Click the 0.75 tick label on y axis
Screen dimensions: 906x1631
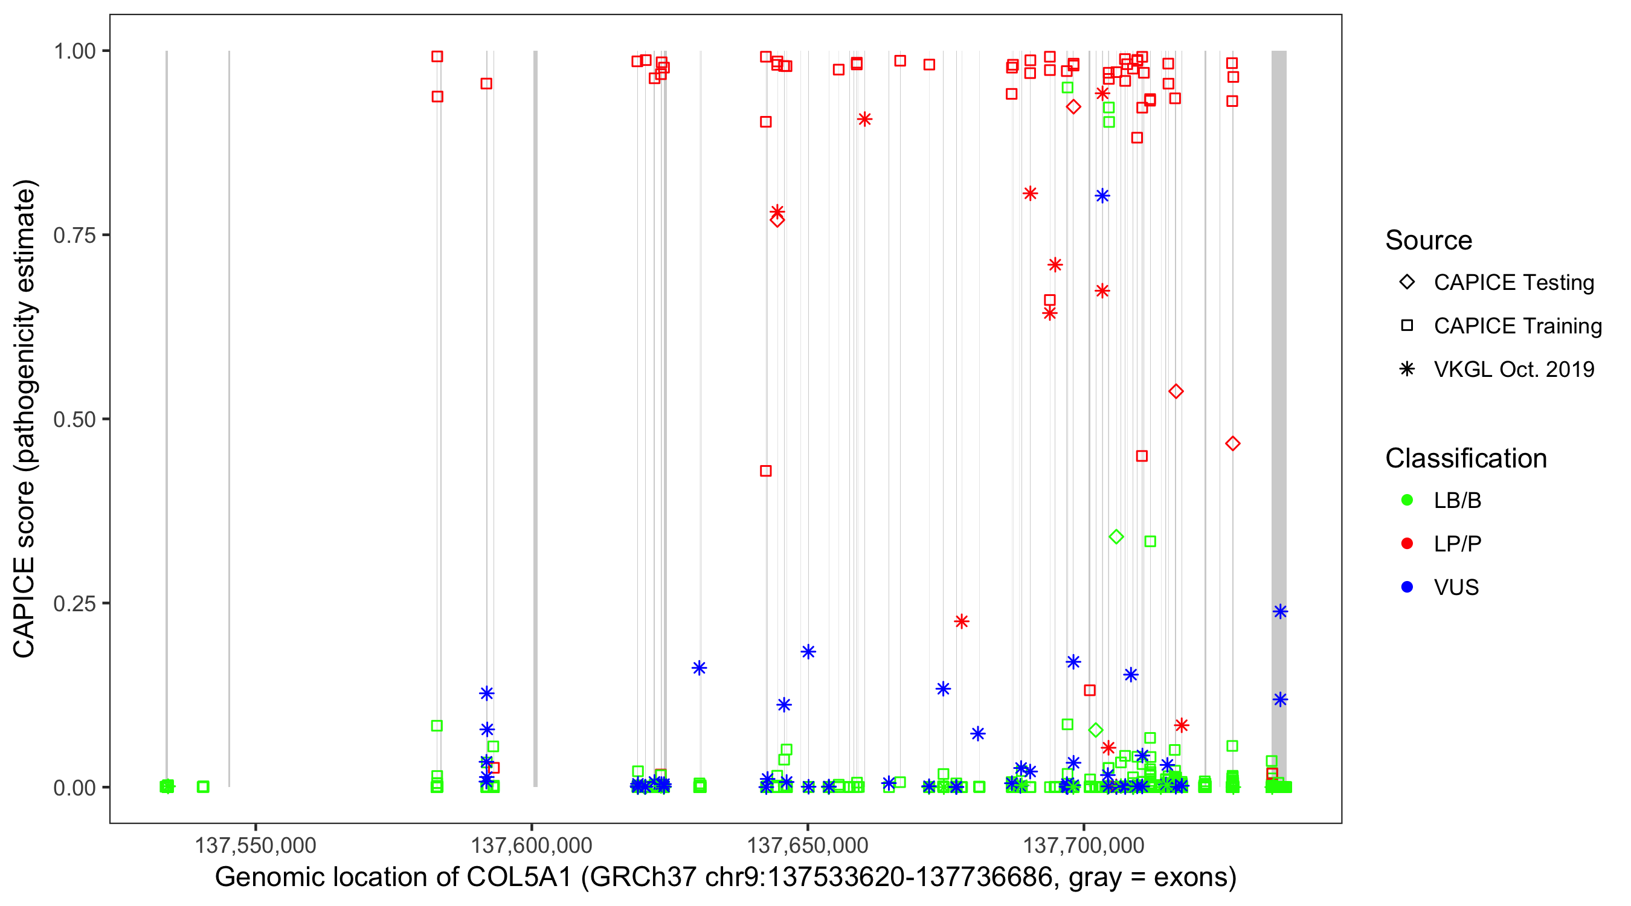tap(74, 236)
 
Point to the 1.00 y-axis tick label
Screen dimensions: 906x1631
tap(74, 51)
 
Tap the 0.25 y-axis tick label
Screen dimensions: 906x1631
tap(74, 604)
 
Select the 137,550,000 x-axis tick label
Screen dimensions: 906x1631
tap(255, 845)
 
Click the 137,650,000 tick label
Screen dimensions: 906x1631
tap(807, 845)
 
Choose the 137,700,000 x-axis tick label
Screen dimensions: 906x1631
tap(1083, 845)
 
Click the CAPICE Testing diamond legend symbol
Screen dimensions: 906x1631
tap(1407, 283)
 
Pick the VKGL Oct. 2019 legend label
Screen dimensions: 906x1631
tap(1514, 370)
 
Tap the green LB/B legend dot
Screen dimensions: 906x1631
tap(1407, 501)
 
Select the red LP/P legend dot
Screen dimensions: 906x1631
tap(1407, 544)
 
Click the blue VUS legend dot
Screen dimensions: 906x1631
tap(1407, 588)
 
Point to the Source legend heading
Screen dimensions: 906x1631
tap(1429, 240)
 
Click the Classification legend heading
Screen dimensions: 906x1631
tap(1465, 458)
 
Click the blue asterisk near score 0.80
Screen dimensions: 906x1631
tap(1102, 196)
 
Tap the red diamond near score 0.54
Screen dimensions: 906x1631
tap(1176, 392)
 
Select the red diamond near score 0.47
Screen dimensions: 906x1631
tap(1232, 444)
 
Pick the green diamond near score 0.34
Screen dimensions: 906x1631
tap(1116, 537)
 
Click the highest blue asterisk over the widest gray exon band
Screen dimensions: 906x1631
tap(1280, 612)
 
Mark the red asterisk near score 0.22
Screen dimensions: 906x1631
tap(961, 622)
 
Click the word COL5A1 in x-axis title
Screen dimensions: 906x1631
tap(519, 878)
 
